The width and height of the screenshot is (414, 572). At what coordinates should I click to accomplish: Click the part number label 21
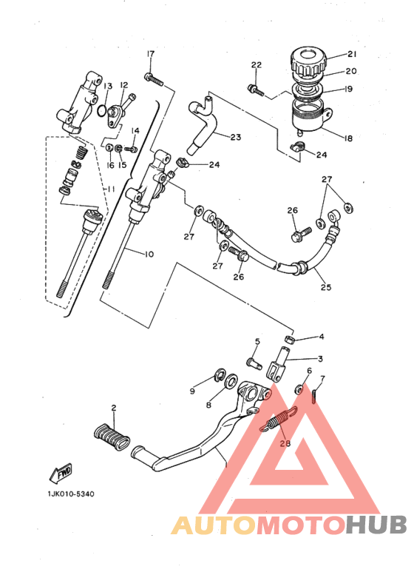pos(351,54)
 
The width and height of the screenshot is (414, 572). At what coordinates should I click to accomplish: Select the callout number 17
pos(150,54)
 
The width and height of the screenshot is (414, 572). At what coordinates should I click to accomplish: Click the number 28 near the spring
pos(285,444)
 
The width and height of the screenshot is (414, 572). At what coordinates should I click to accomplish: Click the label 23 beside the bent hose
pos(235,137)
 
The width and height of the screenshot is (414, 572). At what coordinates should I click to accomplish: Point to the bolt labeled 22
pos(255,90)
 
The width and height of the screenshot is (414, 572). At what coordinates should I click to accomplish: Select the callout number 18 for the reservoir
pos(348,137)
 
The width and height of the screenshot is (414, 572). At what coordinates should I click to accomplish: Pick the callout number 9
pos(191,390)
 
